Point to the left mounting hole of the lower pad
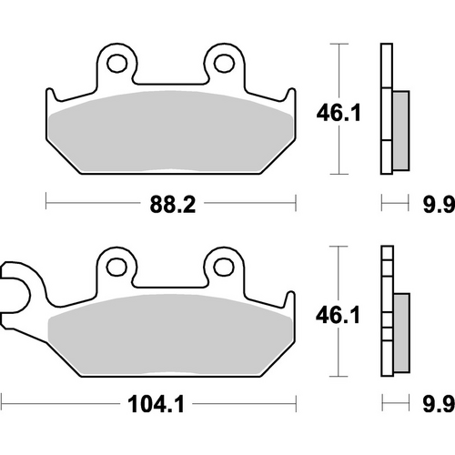point(115,265)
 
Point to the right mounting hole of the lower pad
point(222,265)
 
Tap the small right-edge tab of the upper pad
point(291,96)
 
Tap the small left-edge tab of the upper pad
point(51,96)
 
